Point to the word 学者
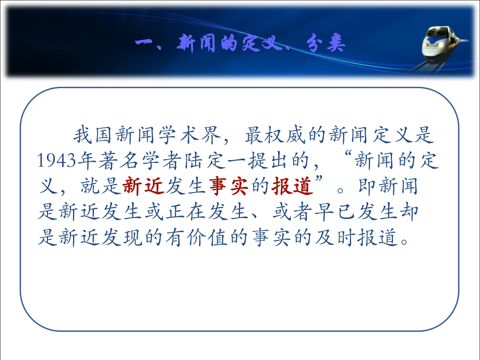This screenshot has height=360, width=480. point(157,161)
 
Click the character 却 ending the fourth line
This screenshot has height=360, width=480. point(425,212)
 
